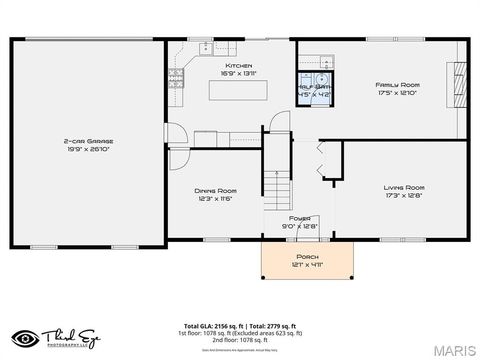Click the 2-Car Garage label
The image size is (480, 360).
coord(88,141)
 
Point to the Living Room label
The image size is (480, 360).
coord(404,187)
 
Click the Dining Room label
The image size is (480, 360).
coord(215,190)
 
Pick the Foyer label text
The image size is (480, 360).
coord(299,217)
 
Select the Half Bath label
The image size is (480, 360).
coord(315,87)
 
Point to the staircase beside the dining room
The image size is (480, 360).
coord(279,184)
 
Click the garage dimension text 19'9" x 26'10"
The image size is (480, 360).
coord(88,150)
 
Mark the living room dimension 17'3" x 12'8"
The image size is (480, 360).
coord(404,195)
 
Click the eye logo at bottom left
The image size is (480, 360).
coord(27,338)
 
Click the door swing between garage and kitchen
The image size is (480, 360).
coord(175,133)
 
